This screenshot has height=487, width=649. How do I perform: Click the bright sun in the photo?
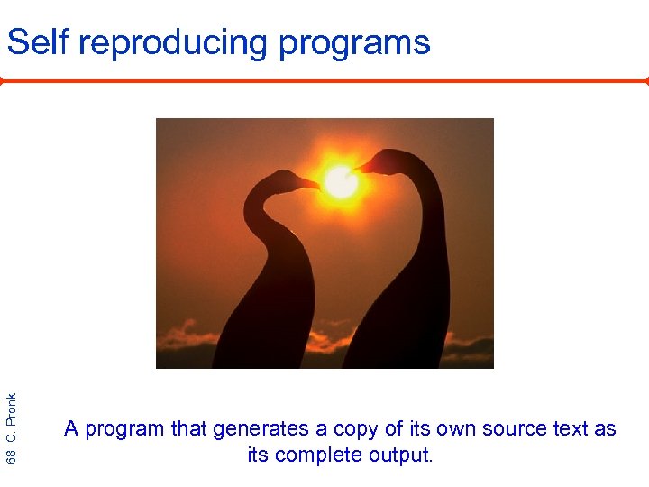pyautogui.click(x=341, y=181)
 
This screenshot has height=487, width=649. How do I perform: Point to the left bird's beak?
pyautogui.click(x=306, y=183)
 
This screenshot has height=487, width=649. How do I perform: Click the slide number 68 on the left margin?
pyautogui.click(x=12, y=455)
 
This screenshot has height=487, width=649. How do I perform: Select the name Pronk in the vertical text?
pyautogui.click(x=12, y=409)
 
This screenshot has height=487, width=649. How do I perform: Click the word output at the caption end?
pyautogui.click(x=403, y=455)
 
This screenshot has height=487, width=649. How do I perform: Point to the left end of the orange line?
pyautogui.click(x=3, y=80)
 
